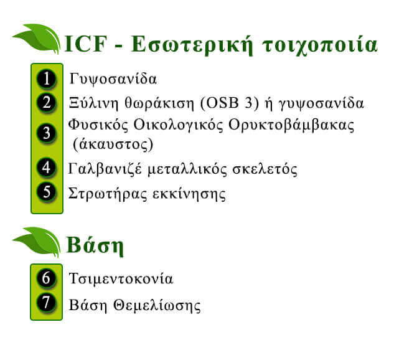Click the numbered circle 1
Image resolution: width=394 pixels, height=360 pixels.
pyautogui.click(x=47, y=79)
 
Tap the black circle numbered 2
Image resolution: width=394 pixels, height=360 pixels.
pyautogui.click(x=47, y=103)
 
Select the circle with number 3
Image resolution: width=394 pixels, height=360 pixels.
pyautogui.click(x=47, y=133)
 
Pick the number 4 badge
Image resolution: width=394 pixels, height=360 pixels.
pyautogui.click(x=47, y=168)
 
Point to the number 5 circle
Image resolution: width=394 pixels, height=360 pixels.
pyautogui.click(x=47, y=192)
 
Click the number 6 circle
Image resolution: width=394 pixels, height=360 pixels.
pyautogui.click(x=46, y=278)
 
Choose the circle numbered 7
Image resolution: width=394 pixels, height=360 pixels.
pyautogui.click(x=46, y=302)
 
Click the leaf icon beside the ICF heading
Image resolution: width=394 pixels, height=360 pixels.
pyautogui.click(x=37, y=39)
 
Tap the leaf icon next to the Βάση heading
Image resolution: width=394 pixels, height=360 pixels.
pyautogui.click(x=37, y=242)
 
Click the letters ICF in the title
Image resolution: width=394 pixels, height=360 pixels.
pyautogui.click(x=86, y=44)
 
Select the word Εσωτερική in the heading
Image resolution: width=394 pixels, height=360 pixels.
pyautogui.click(x=192, y=45)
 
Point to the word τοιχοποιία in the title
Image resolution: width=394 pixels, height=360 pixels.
pyautogui.click(x=320, y=45)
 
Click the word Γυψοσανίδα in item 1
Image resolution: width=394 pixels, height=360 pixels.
pyautogui.click(x=113, y=79)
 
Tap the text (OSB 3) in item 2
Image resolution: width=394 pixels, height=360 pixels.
pyautogui.click(x=230, y=103)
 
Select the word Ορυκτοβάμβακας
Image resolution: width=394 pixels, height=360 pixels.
pyautogui.click(x=291, y=125)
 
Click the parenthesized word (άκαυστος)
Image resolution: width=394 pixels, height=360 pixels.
pyautogui.click(x=113, y=144)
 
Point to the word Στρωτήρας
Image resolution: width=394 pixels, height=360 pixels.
pyautogui.click(x=108, y=194)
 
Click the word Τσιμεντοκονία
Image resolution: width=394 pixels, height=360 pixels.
pyautogui.click(x=121, y=278)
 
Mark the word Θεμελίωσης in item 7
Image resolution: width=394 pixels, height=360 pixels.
pyautogui.click(x=157, y=306)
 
